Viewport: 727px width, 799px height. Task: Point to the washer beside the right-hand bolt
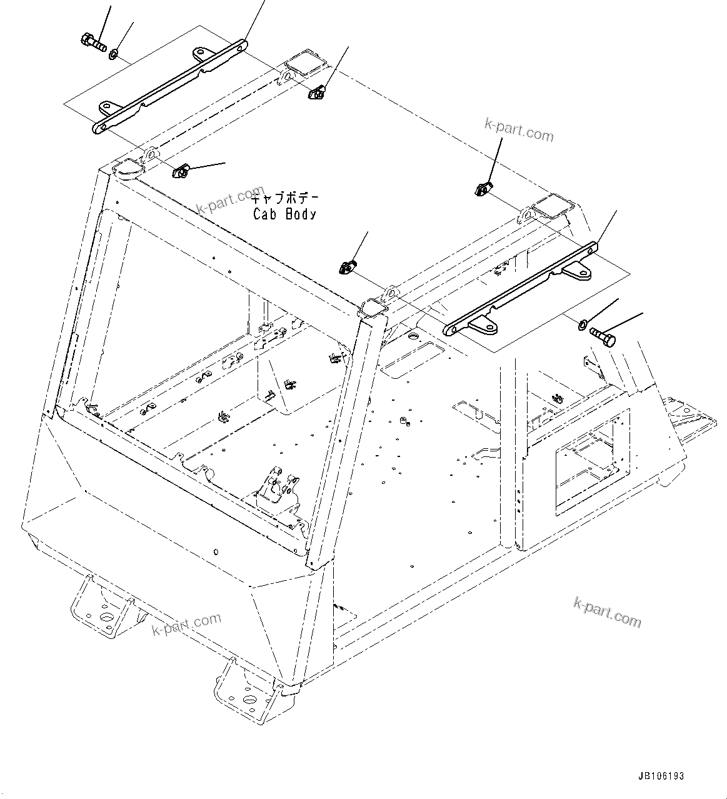point(581,324)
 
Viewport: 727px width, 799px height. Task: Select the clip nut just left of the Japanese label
point(180,169)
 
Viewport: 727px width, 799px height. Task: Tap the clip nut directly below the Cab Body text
point(348,268)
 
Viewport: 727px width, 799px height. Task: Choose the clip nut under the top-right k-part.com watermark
point(483,188)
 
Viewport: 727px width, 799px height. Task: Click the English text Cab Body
point(284,214)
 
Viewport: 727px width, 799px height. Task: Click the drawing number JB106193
point(661,776)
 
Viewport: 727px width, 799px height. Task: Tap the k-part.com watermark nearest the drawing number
point(607,611)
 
